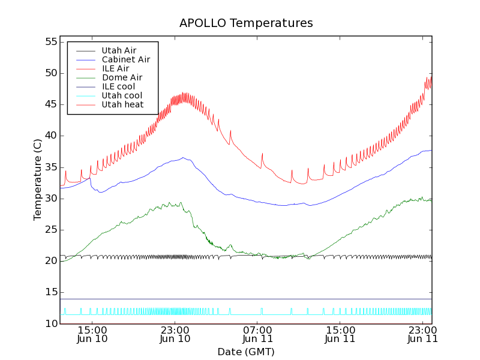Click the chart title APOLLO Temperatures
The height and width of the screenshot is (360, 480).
tap(246, 23)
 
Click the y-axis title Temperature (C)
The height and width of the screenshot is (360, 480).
tap(38, 179)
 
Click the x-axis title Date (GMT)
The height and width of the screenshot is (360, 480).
tap(246, 352)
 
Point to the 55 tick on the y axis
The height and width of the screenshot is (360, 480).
tap(50, 42)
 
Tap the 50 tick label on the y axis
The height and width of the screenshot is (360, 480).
tap(50, 73)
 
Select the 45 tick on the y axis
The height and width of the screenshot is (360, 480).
tap(50, 104)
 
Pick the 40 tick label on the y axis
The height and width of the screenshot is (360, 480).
tap(50, 136)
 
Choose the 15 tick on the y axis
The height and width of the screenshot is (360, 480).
tap(50, 292)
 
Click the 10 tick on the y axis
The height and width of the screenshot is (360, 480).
tap(50, 323)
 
